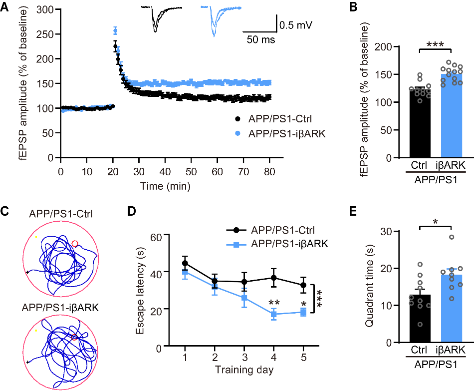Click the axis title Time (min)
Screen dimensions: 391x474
(x=165, y=186)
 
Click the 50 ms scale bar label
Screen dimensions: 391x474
(x=260, y=40)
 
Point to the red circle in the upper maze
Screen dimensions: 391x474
(x=75, y=244)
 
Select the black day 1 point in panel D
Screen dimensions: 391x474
(x=185, y=263)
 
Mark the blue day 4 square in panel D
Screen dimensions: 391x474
(x=273, y=314)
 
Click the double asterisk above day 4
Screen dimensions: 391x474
(x=273, y=303)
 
